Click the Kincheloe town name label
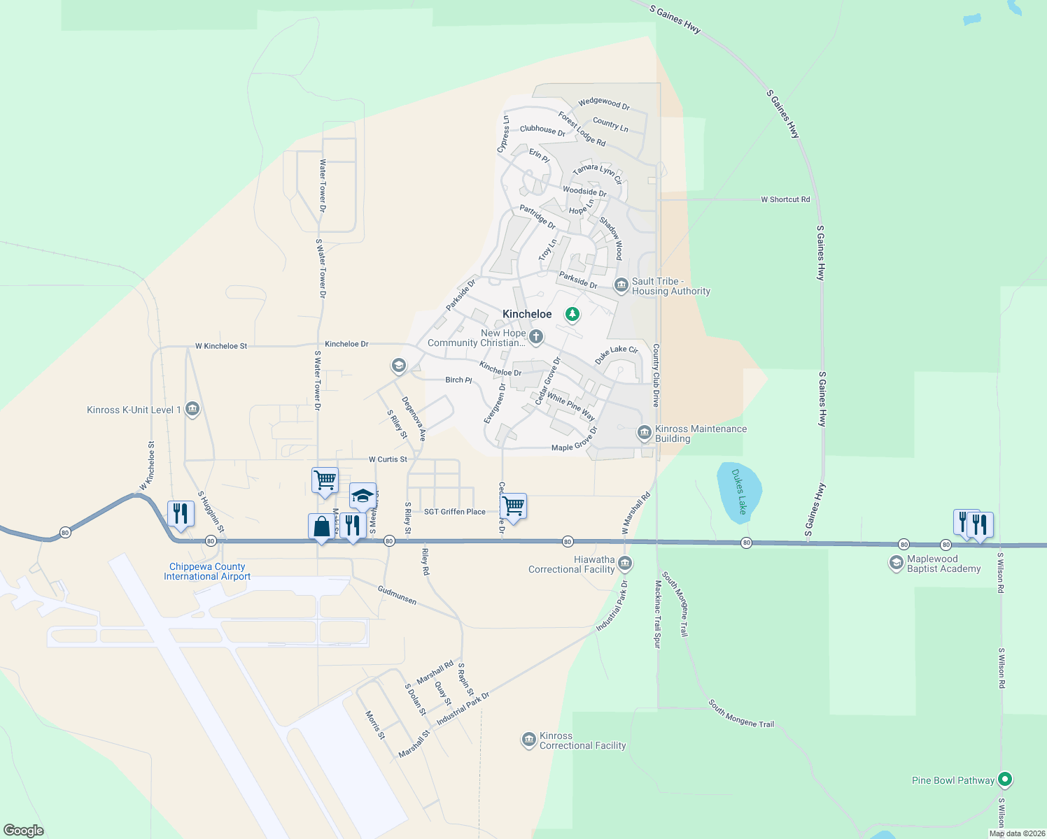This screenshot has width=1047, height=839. click(527, 315)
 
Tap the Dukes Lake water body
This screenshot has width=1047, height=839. click(738, 492)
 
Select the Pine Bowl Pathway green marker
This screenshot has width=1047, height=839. click(1005, 779)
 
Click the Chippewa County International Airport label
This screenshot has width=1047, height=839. click(207, 572)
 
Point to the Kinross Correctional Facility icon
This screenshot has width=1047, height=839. click(529, 740)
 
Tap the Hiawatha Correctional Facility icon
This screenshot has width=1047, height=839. click(625, 563)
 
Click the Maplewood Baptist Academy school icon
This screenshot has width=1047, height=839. click(896, 563)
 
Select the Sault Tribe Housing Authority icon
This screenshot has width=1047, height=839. click(621, 285)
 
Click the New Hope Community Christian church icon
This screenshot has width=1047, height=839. click(536, 338)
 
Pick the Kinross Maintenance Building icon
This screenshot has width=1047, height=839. click(644, 433)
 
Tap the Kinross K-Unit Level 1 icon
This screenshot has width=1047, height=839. click(192, 410)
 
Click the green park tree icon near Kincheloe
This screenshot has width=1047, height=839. click(572, 315)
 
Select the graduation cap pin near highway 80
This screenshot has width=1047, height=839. click(363, 496)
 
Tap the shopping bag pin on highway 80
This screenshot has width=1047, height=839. click(321, 526)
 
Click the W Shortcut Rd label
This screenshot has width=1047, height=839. click(785, 199)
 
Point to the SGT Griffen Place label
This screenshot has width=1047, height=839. click(454, 512)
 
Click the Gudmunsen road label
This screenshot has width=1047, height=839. click(397, 595)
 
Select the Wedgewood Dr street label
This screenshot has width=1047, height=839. click(603, 103)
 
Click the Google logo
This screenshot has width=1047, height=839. click(24, 831)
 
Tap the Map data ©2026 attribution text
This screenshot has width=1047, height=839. click(1017, 833)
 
